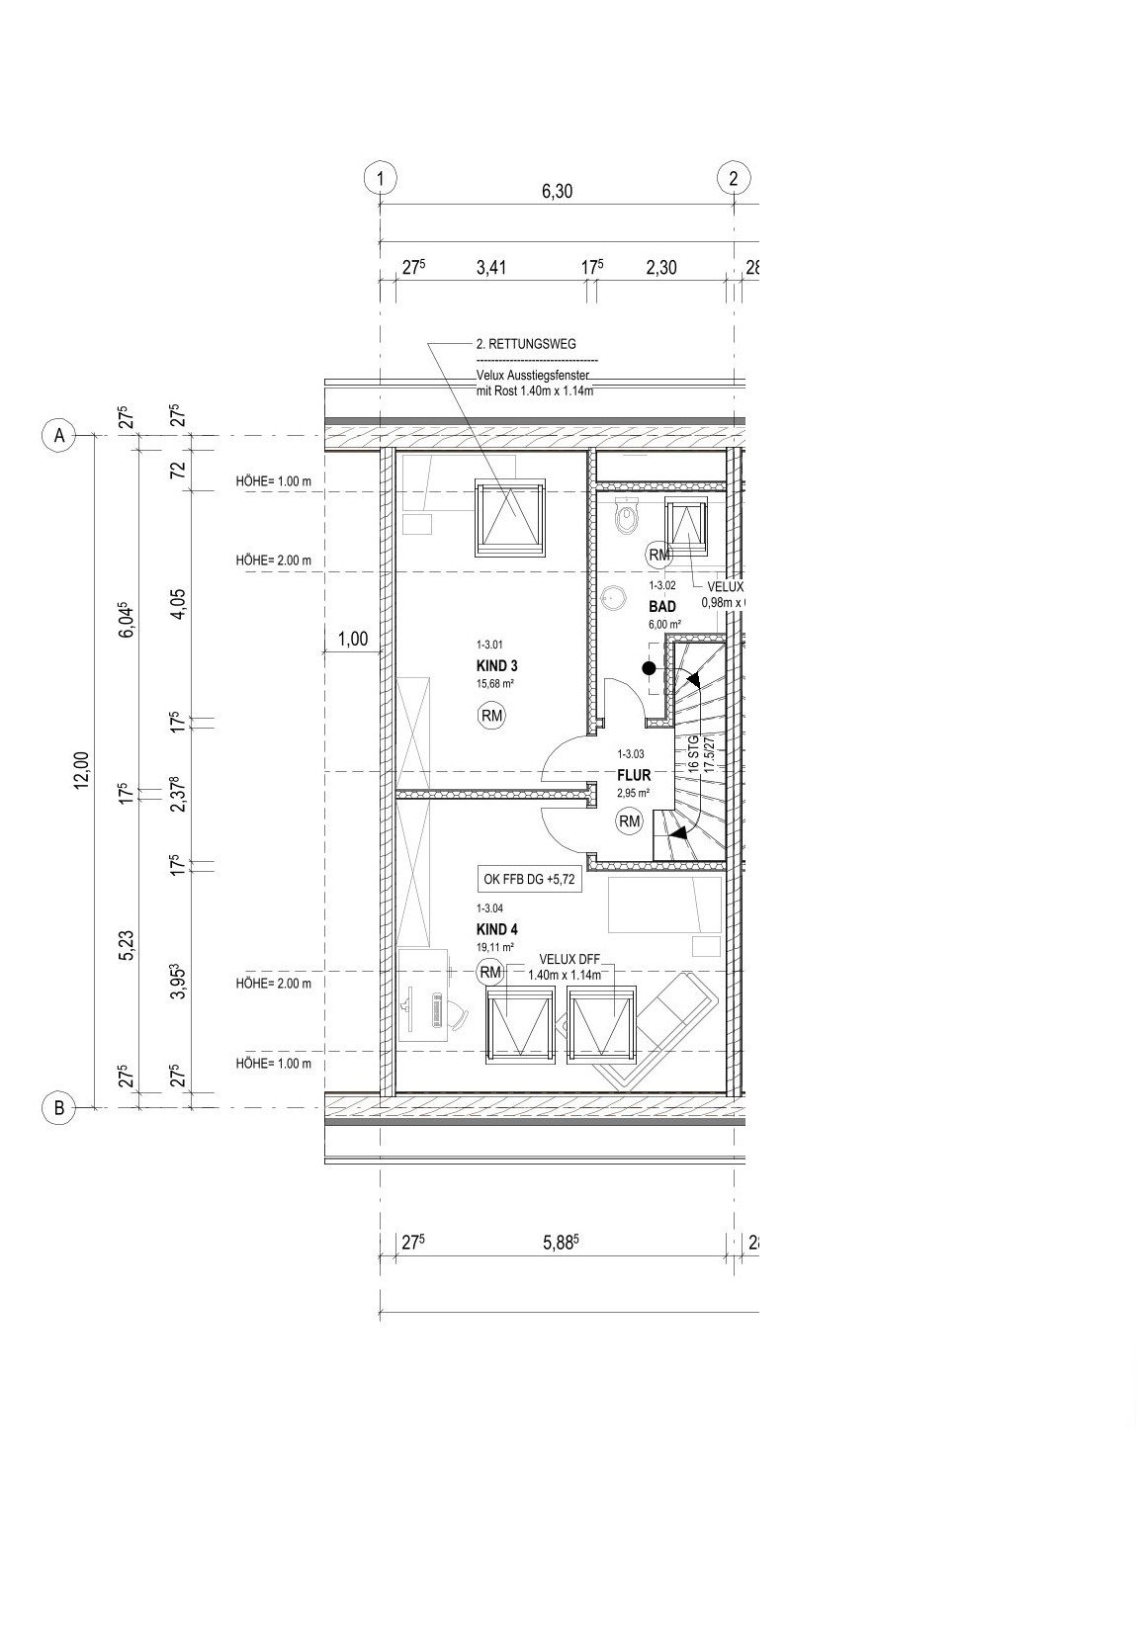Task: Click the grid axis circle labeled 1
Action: point(380,179)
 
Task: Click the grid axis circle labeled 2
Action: point(733,179)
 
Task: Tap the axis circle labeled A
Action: point(59,436)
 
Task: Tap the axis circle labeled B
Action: point(59,1108)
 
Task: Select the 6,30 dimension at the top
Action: point(557,192)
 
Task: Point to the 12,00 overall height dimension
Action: point(82,770)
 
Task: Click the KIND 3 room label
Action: point(496,666)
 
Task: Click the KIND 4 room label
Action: point(496,929)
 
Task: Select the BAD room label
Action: point(661,606)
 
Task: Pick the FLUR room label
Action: point(633,776)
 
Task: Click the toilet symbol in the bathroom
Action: point(625,517)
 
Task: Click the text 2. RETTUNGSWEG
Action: point(525,345)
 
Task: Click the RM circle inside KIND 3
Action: point(490,715)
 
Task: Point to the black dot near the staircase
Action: point(649,668)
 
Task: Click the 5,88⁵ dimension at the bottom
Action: point(559,1244)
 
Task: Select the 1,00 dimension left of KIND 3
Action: point(353,640)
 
